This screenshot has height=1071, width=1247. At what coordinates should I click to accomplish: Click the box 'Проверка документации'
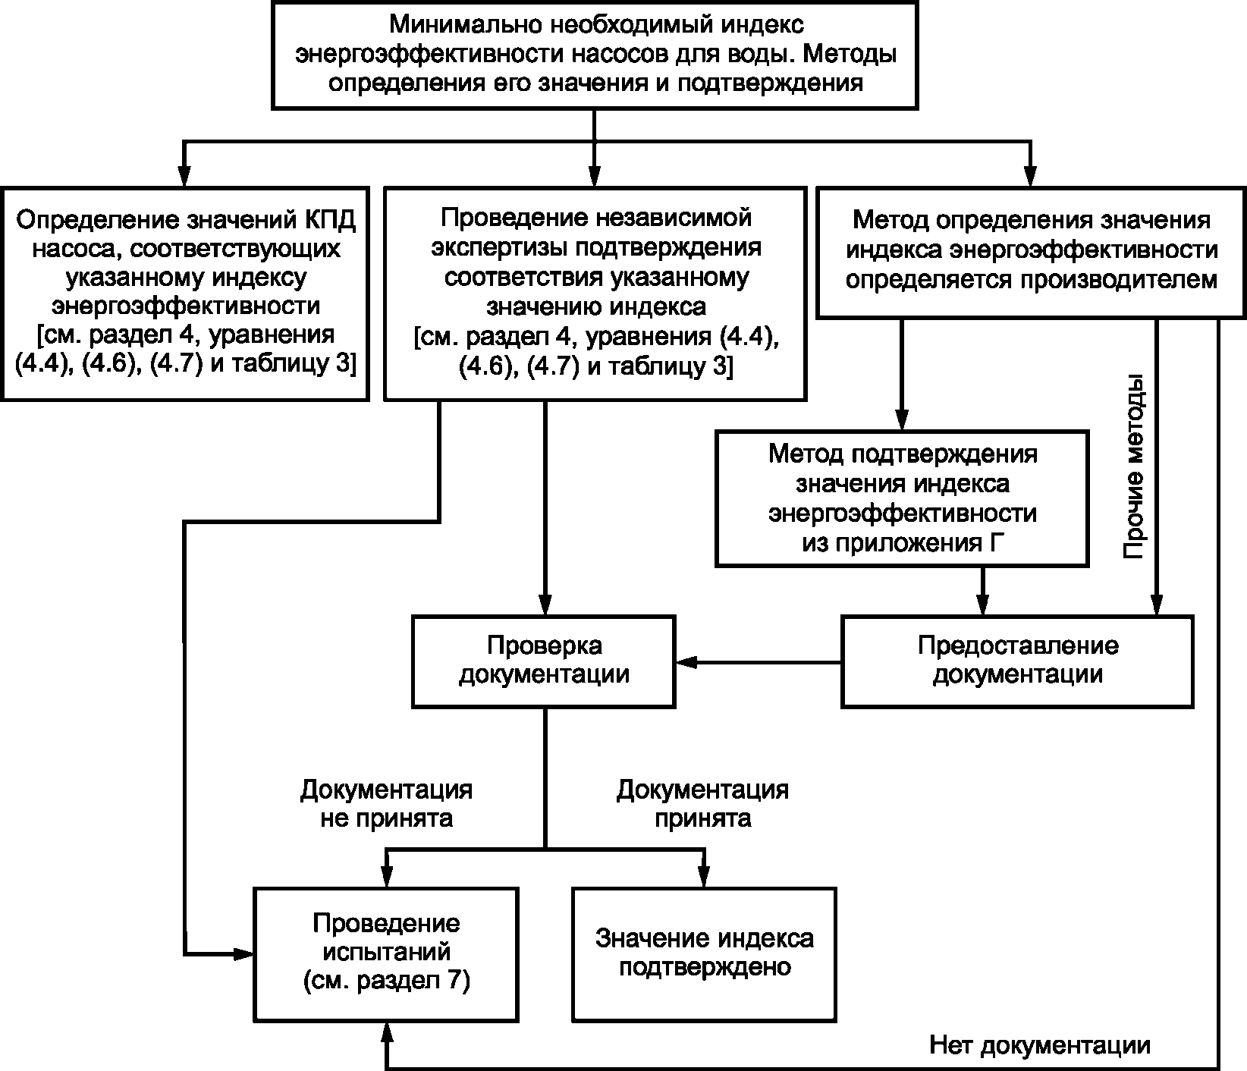544,661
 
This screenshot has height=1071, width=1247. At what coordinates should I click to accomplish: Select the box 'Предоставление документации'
1017,661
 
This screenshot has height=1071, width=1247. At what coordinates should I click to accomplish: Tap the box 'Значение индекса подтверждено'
704,953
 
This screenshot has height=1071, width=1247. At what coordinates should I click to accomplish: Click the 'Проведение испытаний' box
386,953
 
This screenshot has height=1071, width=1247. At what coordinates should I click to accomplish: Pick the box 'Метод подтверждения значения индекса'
902,498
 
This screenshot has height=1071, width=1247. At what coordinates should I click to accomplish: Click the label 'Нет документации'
1039,1045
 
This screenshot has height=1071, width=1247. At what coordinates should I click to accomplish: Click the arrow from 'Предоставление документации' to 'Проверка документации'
759,663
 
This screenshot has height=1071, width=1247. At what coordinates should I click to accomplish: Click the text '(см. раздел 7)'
386,981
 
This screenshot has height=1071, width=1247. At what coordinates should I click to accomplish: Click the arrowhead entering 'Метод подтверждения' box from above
901,421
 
